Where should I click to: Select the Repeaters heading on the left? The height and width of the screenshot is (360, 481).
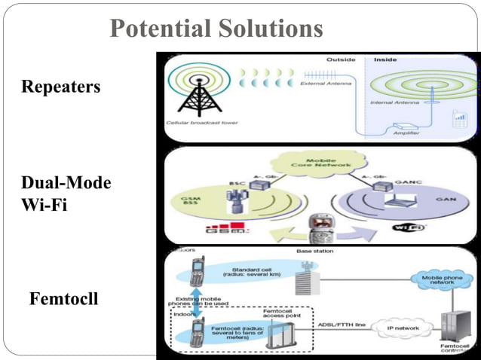coord(61,87)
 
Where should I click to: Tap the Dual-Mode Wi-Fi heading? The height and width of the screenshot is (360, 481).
coord(66,194)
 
